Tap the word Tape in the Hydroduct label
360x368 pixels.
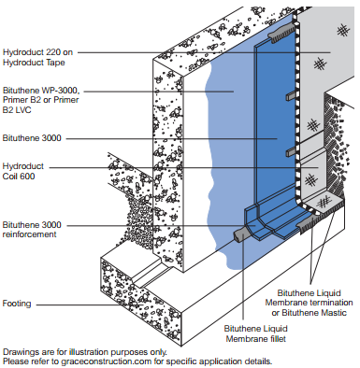click(55, 63)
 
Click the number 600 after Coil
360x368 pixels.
click(28, 177)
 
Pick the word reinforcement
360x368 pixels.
click(29, 234)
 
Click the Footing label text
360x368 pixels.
click(17, 304)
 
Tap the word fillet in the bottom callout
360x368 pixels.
click(278, 338)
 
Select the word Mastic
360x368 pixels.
click(334, 312)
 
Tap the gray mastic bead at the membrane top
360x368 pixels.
click(281, 32)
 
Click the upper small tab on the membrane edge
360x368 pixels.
click(291, 96)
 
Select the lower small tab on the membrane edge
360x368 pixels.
click(291, 151)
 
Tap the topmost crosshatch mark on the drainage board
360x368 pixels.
click(343, 31)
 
